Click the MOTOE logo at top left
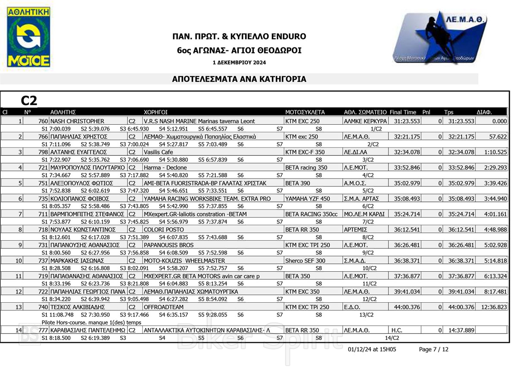tap(28, 38)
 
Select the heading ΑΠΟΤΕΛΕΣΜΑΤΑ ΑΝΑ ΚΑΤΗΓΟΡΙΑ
tap(239, 79)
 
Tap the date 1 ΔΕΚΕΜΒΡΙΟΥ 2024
tap(239, 63)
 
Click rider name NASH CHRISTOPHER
tap(77, 121)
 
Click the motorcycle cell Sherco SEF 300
tap(305, 260)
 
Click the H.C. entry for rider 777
tap(396, 330)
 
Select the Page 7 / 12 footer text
tap(433, 349)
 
